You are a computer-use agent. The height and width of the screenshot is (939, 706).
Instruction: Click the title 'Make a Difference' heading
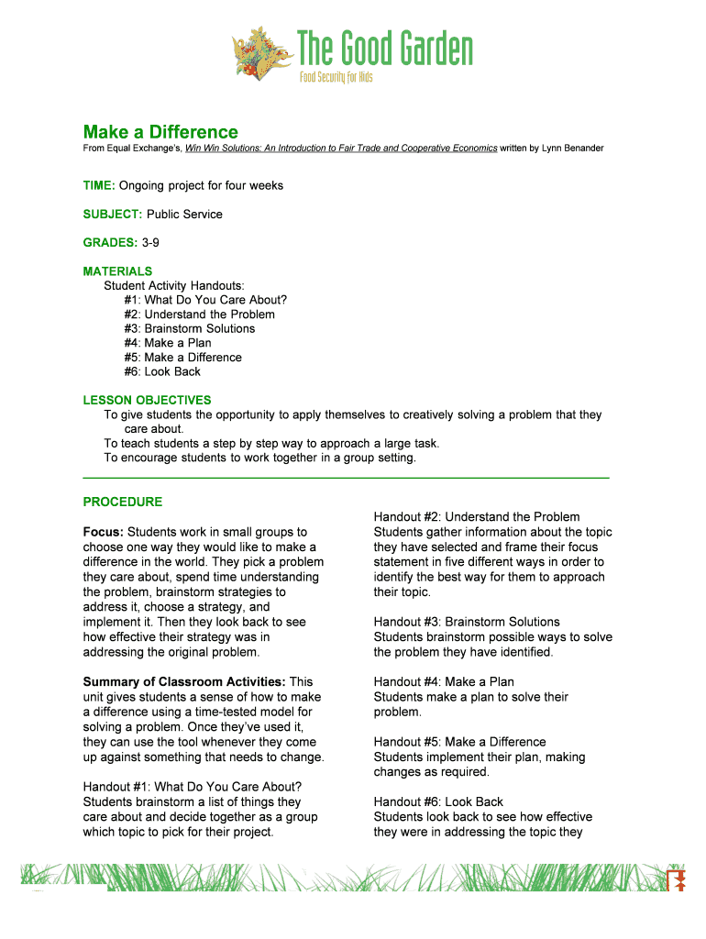click(x=160, y=132)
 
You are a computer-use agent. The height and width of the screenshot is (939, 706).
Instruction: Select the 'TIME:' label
click(x=99, y=185)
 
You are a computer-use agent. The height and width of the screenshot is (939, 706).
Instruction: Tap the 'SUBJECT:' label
click(x=113, y=214)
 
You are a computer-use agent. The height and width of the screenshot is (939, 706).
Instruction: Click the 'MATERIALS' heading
click(x=117, y=271)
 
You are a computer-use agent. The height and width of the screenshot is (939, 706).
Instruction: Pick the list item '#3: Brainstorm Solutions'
click(x=190, y=328)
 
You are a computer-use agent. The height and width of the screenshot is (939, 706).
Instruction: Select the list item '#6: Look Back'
click(x=162, y=371)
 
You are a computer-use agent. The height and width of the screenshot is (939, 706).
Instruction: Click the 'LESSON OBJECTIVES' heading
click(x=147, y=400)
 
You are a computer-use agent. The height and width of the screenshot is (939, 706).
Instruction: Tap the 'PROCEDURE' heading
click(x=123, y=502)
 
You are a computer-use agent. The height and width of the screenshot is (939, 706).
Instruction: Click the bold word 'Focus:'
click(x=104, y=532)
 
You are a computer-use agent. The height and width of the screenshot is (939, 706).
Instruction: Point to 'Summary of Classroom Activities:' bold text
click(x=184, y=681)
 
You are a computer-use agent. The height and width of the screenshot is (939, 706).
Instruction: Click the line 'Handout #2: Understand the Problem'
click(x=477, y=517)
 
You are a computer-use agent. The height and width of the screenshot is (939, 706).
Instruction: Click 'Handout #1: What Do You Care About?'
click(x=193, y=787)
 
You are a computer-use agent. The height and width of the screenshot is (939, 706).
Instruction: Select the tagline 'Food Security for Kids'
click(x=336, y=77)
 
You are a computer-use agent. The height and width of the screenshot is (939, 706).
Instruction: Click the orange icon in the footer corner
click(x=678, y=881)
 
